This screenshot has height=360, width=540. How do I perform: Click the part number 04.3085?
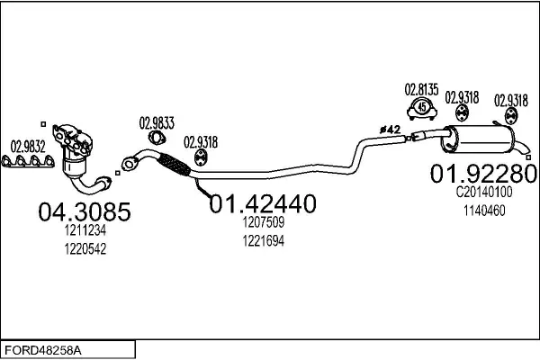(85, 212)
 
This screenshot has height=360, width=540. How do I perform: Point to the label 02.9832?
(27, 146)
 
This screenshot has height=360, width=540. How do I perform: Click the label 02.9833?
(157, 123)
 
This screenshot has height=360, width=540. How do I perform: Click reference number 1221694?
(263, 241)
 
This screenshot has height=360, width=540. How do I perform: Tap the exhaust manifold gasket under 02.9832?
(28, 163)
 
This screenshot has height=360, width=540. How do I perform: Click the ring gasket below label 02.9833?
(157, 139)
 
